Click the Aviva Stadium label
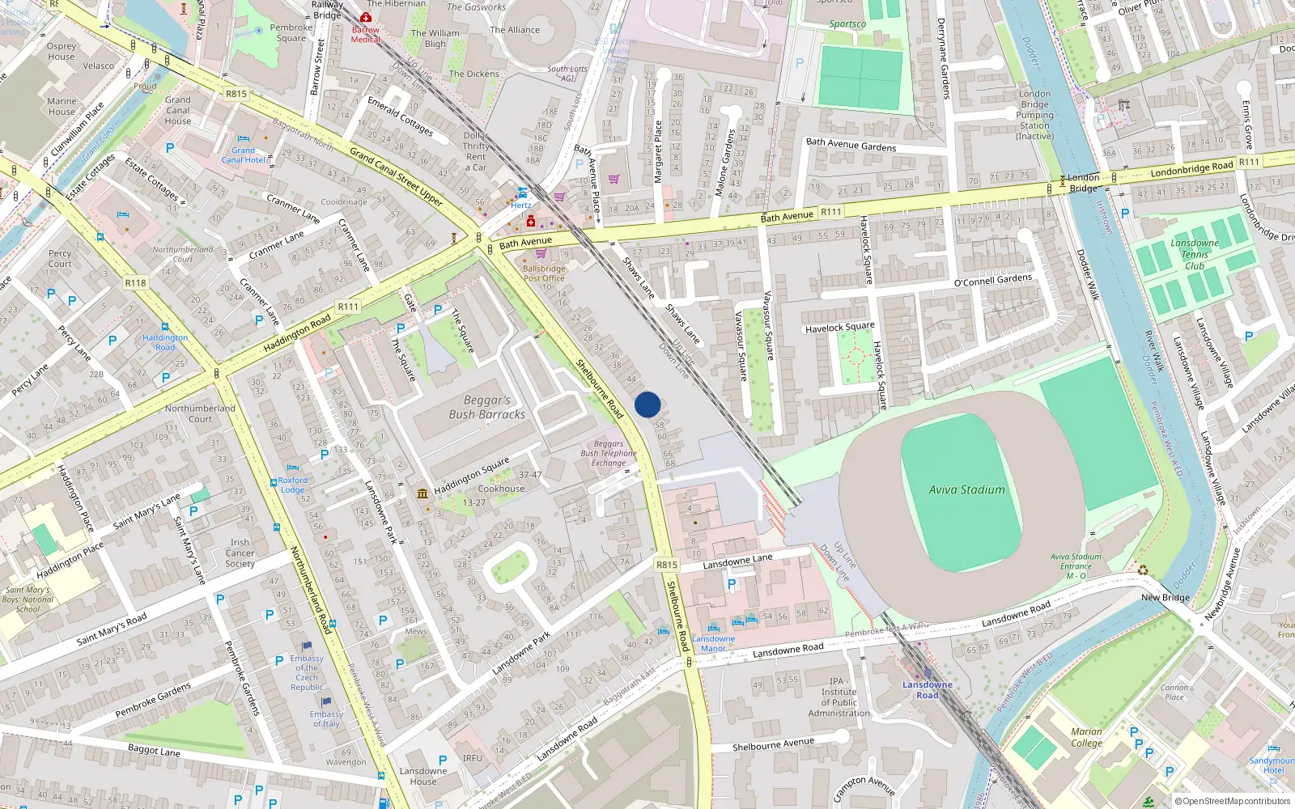[x=966, y=489]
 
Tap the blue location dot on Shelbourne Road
[x=647, y=404]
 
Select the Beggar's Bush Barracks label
[x=487, y=407]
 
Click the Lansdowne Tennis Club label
[x=1195, y=254]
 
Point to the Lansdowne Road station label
[x=928, y=690]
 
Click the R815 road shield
[x=666, y=565]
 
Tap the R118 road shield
[x=135, y=283]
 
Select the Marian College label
[x=1086, y=737]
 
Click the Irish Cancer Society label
[x=240, y=553]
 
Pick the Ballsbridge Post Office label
[x=544, y=273]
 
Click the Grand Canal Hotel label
[x=243, y=155]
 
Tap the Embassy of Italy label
[x=326, y=718]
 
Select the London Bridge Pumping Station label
[x=1035, y=115]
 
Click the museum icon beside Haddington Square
[x=422, y=493]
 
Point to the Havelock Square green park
[x=856, y=356]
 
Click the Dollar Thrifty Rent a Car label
[x=476, y=151]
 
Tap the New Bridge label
[x=1165, y=597]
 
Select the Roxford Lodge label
[x=293, y=485]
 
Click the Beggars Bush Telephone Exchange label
[x=609, y=453]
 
